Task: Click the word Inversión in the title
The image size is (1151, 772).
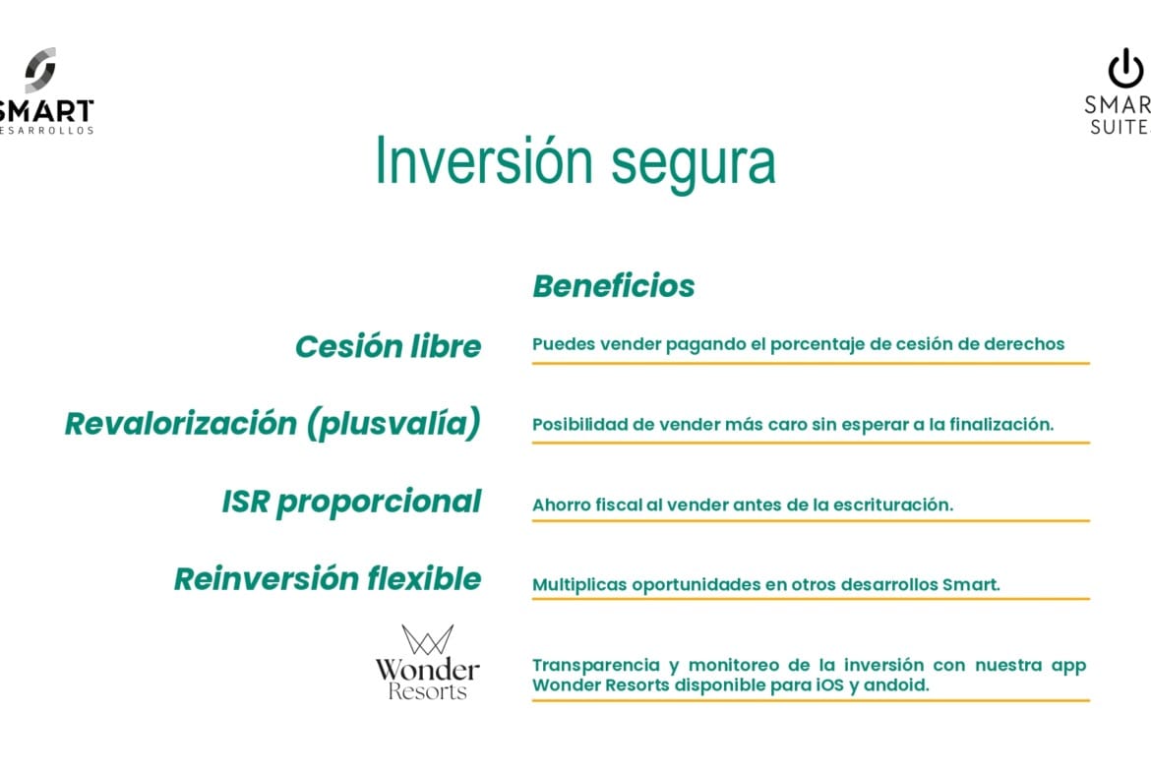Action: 484,160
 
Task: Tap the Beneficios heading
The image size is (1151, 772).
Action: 614,286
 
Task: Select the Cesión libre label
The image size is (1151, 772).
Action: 389,346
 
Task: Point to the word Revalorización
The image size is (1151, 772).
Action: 181,424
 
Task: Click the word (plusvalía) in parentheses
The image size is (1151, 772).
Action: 394,424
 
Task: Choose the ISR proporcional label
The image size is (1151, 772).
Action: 351,502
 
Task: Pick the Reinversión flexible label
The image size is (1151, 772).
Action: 328,579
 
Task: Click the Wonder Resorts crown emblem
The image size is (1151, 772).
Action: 427,640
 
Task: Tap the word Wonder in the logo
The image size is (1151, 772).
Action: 427,670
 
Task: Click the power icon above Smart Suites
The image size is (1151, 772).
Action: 1125,68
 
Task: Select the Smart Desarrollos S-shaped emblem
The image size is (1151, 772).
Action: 40,71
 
